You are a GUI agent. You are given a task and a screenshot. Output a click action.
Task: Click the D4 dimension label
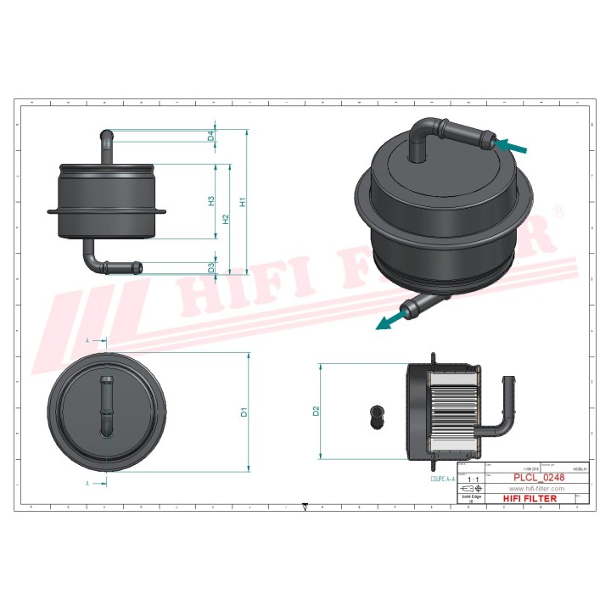pyautogui.click(x=210, y=137)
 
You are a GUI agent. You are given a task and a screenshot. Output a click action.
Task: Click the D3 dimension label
pyautogui.click(x=210, y=268)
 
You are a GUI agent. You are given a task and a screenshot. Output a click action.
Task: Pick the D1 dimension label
pyautogui.click(x=244, y=413)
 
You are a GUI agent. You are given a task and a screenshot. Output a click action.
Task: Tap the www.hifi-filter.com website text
pyautogui.click(x=536, y=489)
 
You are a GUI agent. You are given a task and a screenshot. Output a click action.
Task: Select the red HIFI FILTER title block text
pyautogui.click(x=530, y=498)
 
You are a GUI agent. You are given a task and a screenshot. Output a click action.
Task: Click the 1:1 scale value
pyautogui.click(x=471, y=479)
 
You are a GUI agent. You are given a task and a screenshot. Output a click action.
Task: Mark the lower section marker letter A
pyautogui.click(x=87, y=483)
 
